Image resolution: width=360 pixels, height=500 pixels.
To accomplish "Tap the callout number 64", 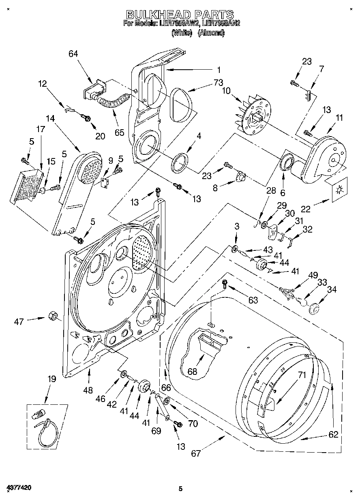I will coord(73,54).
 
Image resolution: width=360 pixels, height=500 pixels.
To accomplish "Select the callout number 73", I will coord(219,83).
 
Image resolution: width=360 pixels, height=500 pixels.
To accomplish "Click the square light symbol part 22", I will coord(338,189).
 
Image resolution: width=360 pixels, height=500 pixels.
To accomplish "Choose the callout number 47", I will coord(19,321).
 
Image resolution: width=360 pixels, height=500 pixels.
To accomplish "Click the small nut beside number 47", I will coord(52,315).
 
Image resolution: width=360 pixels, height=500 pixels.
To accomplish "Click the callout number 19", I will coord(51,379).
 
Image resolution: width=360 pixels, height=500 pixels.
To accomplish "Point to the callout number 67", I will coord(196,453).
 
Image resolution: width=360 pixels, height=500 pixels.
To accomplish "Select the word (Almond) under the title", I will coord(211,33).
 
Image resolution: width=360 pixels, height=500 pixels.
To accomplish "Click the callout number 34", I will coord(332,289).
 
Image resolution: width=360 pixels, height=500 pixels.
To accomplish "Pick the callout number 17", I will coord(41,130).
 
